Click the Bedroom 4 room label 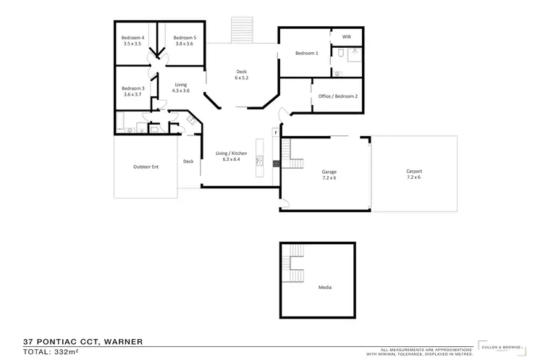pyautogui.click(x=133, y=41)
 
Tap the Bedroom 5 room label pyautogui.click(x=185, y=41)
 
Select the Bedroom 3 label pyautogui.click(x=133, y=91)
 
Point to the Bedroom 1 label pyautogui.click(x=306, y=53)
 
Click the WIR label pyautogui.click(x=345, y=36)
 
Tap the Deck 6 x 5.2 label pyautogui.click(x=242, y=75)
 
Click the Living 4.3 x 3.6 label pyautogui.click(x=181, y=88)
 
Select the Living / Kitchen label pyautogui.click(x=232, y=156)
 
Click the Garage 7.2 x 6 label pyautogui.click(x=329, y=175)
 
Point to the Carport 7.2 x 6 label pyautogui.click(x=414, y=175)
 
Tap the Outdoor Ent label pyautogui.click(x=146, y=167)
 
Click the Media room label pyautogui.click(x=325, y=288)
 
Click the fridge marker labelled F pyautogui.click(x=275, y=133)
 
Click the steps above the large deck pyautogui.click(x=240, y=30)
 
